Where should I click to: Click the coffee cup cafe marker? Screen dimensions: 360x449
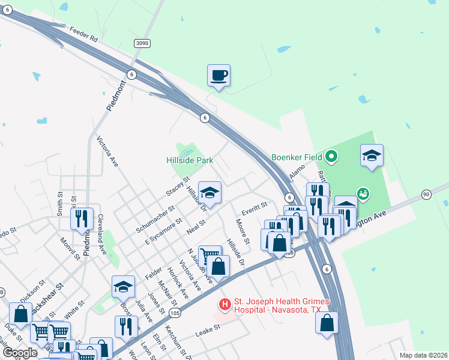click(x=218, y=76)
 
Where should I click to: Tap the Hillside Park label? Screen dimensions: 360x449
click(x=190, y=161)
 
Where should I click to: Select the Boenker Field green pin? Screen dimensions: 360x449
click(x=330, y=158)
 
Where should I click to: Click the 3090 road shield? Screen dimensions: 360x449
click(x=142, y=43)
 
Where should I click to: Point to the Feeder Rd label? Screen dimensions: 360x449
click(x=83, y=34)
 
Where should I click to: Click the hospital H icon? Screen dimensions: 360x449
click(x=225, y=305)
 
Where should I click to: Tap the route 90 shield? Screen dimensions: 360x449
click(x=426, y=194)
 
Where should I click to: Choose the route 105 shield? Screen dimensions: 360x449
click(x=175, y=313)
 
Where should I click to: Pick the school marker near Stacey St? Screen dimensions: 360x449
click(x=209, y=193)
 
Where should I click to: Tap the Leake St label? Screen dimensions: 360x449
click(x=208, y=331)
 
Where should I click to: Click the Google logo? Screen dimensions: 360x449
click(x=20, y=352)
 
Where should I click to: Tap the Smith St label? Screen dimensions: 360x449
click(x=60, y=204)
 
